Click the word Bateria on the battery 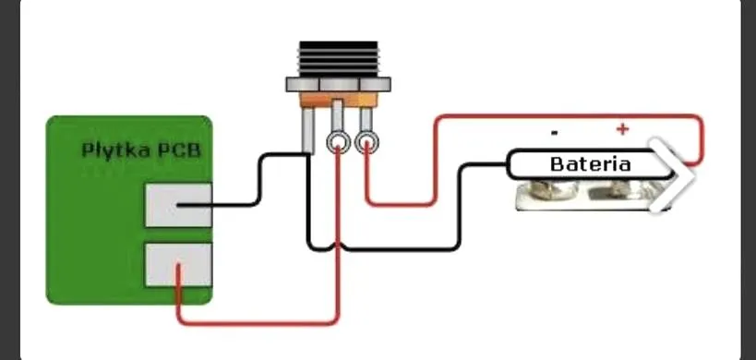click(x=590, y=164)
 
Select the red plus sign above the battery click(x=622, y=128)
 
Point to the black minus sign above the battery click(x=555, y=132)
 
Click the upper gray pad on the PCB click(x=178, y=205)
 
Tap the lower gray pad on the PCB click(x=178, y=265)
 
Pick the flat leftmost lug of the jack click(x=307, y=130)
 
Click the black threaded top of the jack click(x=339, y=59)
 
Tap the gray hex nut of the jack click(x=339, y=84)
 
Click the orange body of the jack click(x=339, y=100)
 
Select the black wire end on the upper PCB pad click(x=178, y=205)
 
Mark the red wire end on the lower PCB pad click(x=178, y=265)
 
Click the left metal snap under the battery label click(x=547, y=189)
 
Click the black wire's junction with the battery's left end click(x=508, y=165)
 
